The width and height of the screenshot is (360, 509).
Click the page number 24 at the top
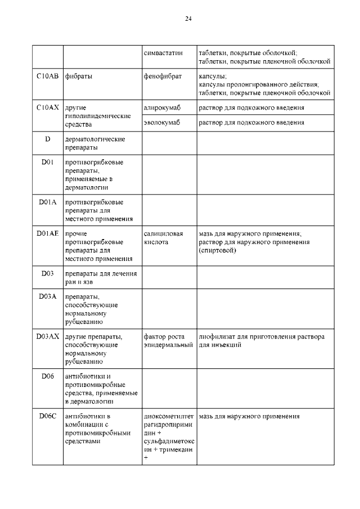pos(188,19)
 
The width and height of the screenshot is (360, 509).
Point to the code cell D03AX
pos(47,336)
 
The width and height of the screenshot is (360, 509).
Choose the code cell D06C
pos(47,416)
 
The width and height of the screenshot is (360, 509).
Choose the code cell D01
pos(47,163)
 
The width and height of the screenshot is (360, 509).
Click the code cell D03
pos(47,273)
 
